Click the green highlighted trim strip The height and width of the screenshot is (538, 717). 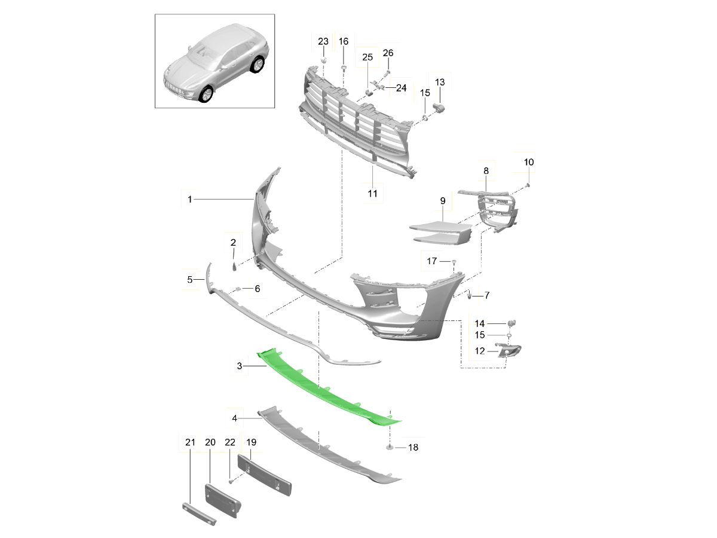click(326, 389)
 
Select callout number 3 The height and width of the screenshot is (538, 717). click(240, 365)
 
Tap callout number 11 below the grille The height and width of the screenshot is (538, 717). click(372, 194)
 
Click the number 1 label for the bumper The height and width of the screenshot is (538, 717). click(189, 199)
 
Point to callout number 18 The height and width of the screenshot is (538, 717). click(413, 447)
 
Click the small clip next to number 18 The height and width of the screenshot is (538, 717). click(390, 447)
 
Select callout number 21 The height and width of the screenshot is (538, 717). click(190, 443)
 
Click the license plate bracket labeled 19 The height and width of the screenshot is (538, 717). click(264, 475)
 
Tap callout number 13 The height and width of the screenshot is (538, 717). click(440, 82)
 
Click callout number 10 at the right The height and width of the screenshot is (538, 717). click(529, 162)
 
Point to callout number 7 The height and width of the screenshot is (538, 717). click(487, 295)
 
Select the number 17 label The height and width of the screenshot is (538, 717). click(431, 261)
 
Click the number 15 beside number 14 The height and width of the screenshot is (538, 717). click(480, 335)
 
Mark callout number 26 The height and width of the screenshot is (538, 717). click(388, 53)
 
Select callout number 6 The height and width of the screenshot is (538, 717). click(257, 289)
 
